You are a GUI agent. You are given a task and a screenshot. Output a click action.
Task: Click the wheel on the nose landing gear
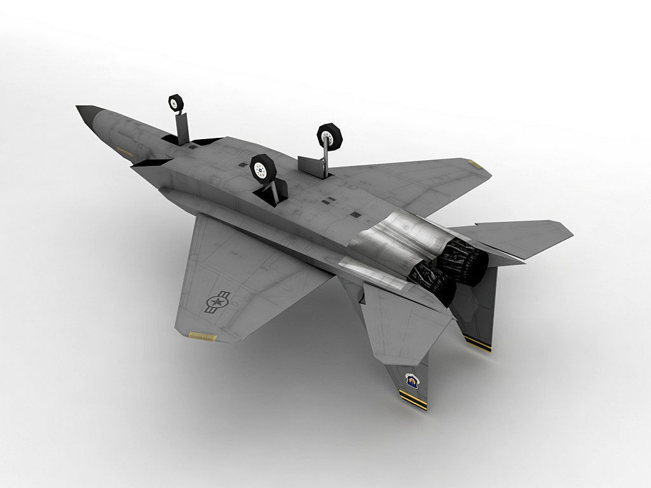click(175, 102)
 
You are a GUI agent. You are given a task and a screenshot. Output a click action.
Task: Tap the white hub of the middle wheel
click(261, 168)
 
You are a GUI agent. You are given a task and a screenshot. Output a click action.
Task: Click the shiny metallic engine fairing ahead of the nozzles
click(388, 245)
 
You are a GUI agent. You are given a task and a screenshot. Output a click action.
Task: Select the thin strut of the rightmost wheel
click(325, 156)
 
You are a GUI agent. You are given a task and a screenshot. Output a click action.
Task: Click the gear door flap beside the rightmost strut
click(311, 165)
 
